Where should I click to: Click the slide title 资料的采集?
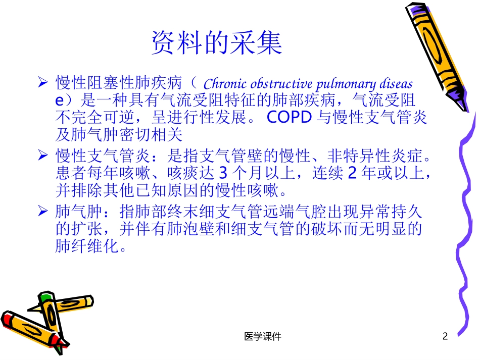pos(217,43)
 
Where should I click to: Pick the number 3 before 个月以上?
pos(222,173)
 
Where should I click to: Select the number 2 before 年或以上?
pos(353,173)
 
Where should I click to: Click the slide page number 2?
pos(445,336)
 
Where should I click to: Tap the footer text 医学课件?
pos(262,336)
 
